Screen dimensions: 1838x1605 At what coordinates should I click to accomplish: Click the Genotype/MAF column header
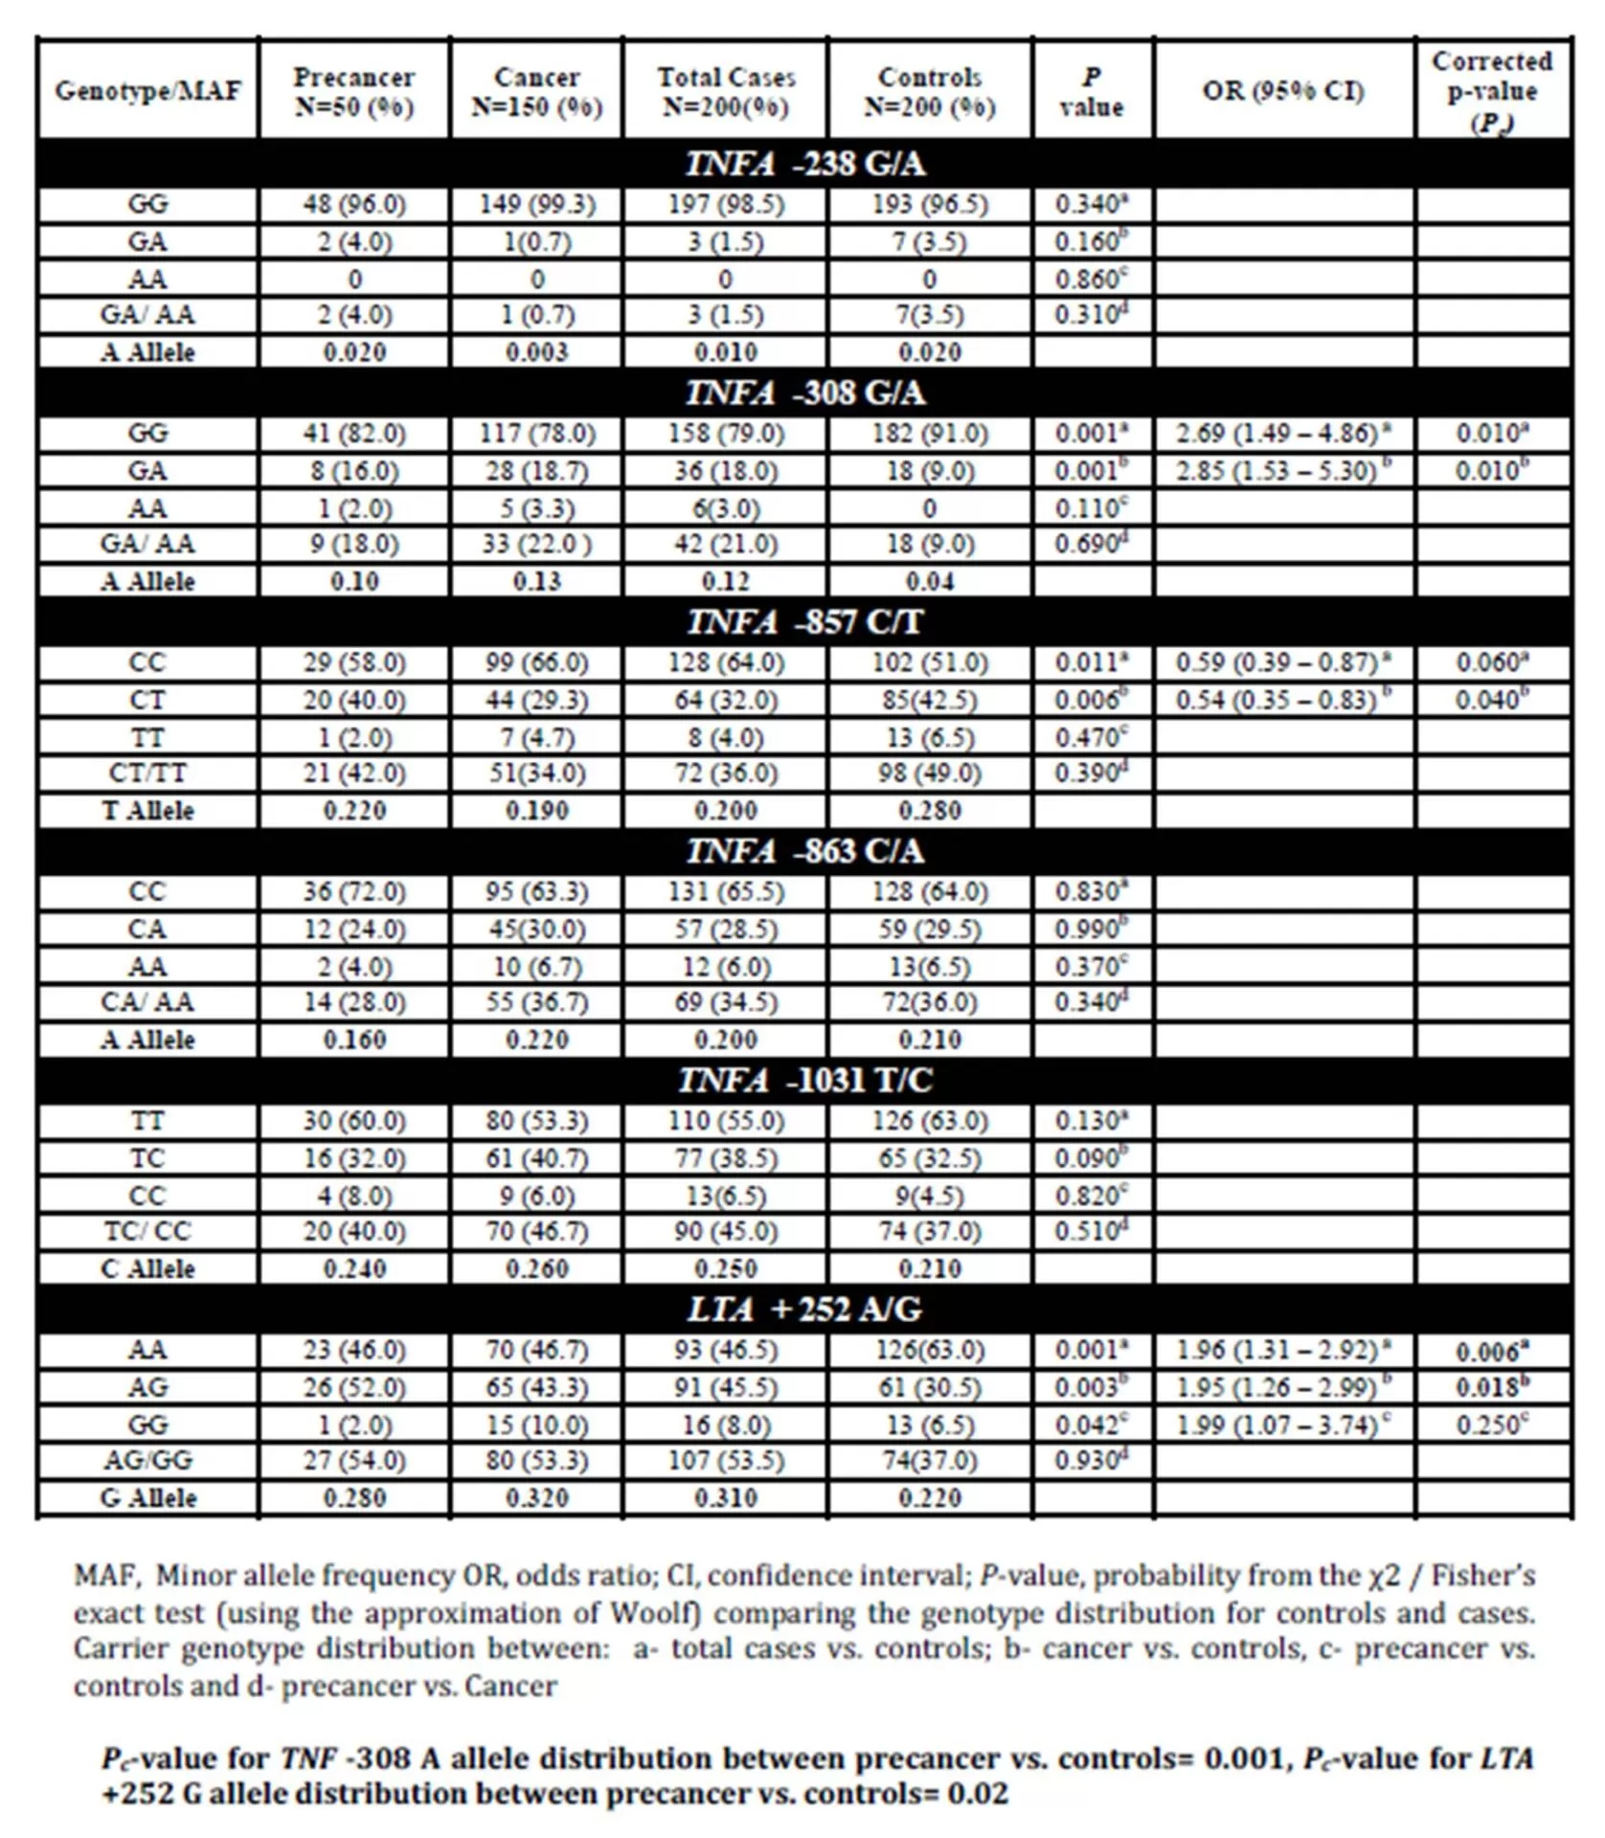[x=147, y=91]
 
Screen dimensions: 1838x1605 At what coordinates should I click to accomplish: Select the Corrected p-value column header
[x=1491, y=91]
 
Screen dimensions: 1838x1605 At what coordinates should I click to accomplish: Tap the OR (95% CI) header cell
[x=1283, y=91]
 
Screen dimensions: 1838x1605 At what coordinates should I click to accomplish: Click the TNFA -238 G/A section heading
[x=804, y=164]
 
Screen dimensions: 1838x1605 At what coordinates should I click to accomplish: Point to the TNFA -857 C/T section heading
[x=804, y=622]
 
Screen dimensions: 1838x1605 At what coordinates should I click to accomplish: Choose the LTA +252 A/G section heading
[x=804, y=1309]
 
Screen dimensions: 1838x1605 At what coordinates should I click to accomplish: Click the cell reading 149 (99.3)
[x=536, y=204]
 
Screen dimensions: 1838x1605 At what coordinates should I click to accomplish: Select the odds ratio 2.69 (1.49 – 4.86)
[x=1282, y=433]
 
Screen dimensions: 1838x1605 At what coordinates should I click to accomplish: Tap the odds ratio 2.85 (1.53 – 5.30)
[x=1282, y=471]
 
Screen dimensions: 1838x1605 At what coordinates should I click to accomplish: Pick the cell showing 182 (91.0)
[x=929, y=433]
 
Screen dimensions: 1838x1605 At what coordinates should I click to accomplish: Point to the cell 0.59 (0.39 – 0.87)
[x=1282, y=662]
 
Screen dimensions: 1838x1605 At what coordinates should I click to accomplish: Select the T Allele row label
[x=147, y=811]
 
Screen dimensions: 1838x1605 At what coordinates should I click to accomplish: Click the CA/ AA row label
[x=147, y=1002]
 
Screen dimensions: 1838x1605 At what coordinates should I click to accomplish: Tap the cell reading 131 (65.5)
[x=725, y=891]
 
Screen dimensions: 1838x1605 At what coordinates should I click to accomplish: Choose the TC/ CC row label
[x=147, y=1231]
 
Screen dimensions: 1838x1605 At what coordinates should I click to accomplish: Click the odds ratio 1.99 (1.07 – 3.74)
[x=1282, y=1424]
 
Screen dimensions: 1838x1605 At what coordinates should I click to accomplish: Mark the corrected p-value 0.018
[x=1491, y=1387]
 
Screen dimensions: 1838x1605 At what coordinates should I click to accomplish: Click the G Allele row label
[x=147, y=1498]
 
